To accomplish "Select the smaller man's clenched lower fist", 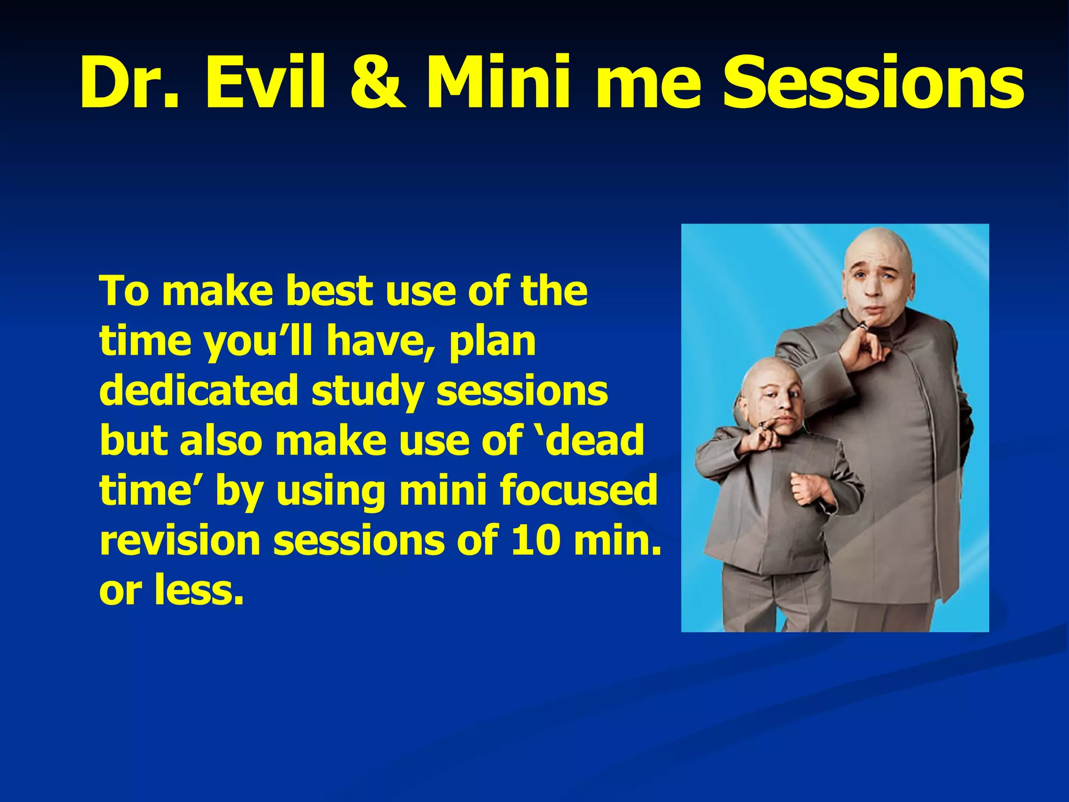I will click(x=807, y=488).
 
